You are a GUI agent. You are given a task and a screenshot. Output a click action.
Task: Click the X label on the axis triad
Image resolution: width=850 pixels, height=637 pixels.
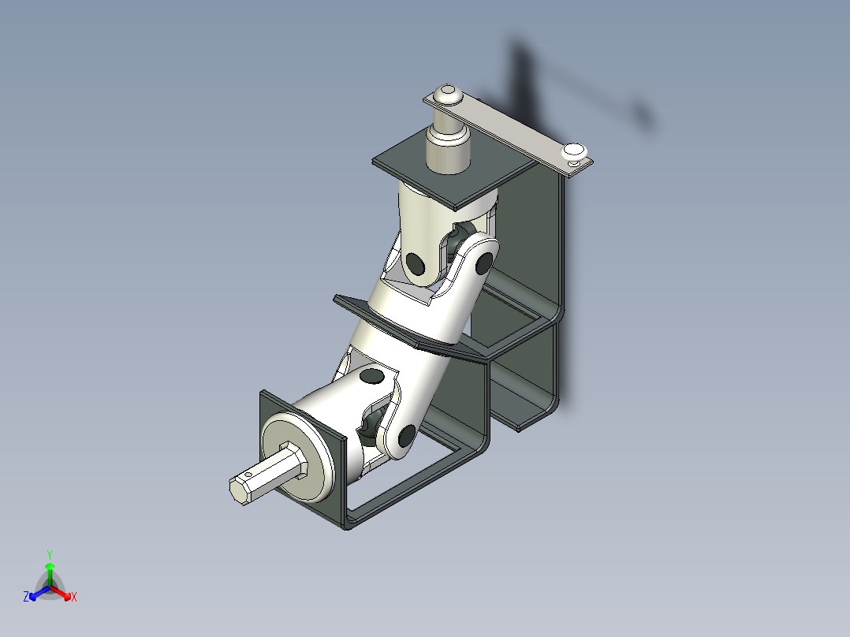[74, 598]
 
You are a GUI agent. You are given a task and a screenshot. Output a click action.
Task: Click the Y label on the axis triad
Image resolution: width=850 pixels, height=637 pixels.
[49, 554]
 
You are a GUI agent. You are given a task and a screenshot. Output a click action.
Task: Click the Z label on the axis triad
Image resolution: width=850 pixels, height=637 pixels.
[26, 598]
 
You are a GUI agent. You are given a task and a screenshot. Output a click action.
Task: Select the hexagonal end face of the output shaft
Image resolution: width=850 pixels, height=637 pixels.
[239, 490]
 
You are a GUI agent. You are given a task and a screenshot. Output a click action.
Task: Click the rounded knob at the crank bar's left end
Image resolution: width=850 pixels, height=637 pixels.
[449, 94]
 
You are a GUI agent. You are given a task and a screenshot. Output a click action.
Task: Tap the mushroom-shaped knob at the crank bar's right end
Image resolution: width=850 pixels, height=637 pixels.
[573, 150]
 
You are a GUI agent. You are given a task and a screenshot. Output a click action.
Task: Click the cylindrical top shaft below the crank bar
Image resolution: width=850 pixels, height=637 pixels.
[447, 148]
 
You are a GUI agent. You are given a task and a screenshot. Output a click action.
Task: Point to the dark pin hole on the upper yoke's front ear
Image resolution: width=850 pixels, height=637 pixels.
[416, 261]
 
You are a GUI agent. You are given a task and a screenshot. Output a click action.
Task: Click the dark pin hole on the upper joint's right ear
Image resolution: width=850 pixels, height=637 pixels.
[485, 259]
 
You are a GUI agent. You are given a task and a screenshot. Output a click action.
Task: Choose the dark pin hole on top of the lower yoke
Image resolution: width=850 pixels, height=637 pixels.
[369, 378]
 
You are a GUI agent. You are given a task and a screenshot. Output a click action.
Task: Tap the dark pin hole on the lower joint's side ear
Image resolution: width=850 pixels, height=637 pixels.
[407, 433]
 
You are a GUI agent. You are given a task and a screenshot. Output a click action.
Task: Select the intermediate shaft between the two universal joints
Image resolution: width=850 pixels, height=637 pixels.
[414, 323]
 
